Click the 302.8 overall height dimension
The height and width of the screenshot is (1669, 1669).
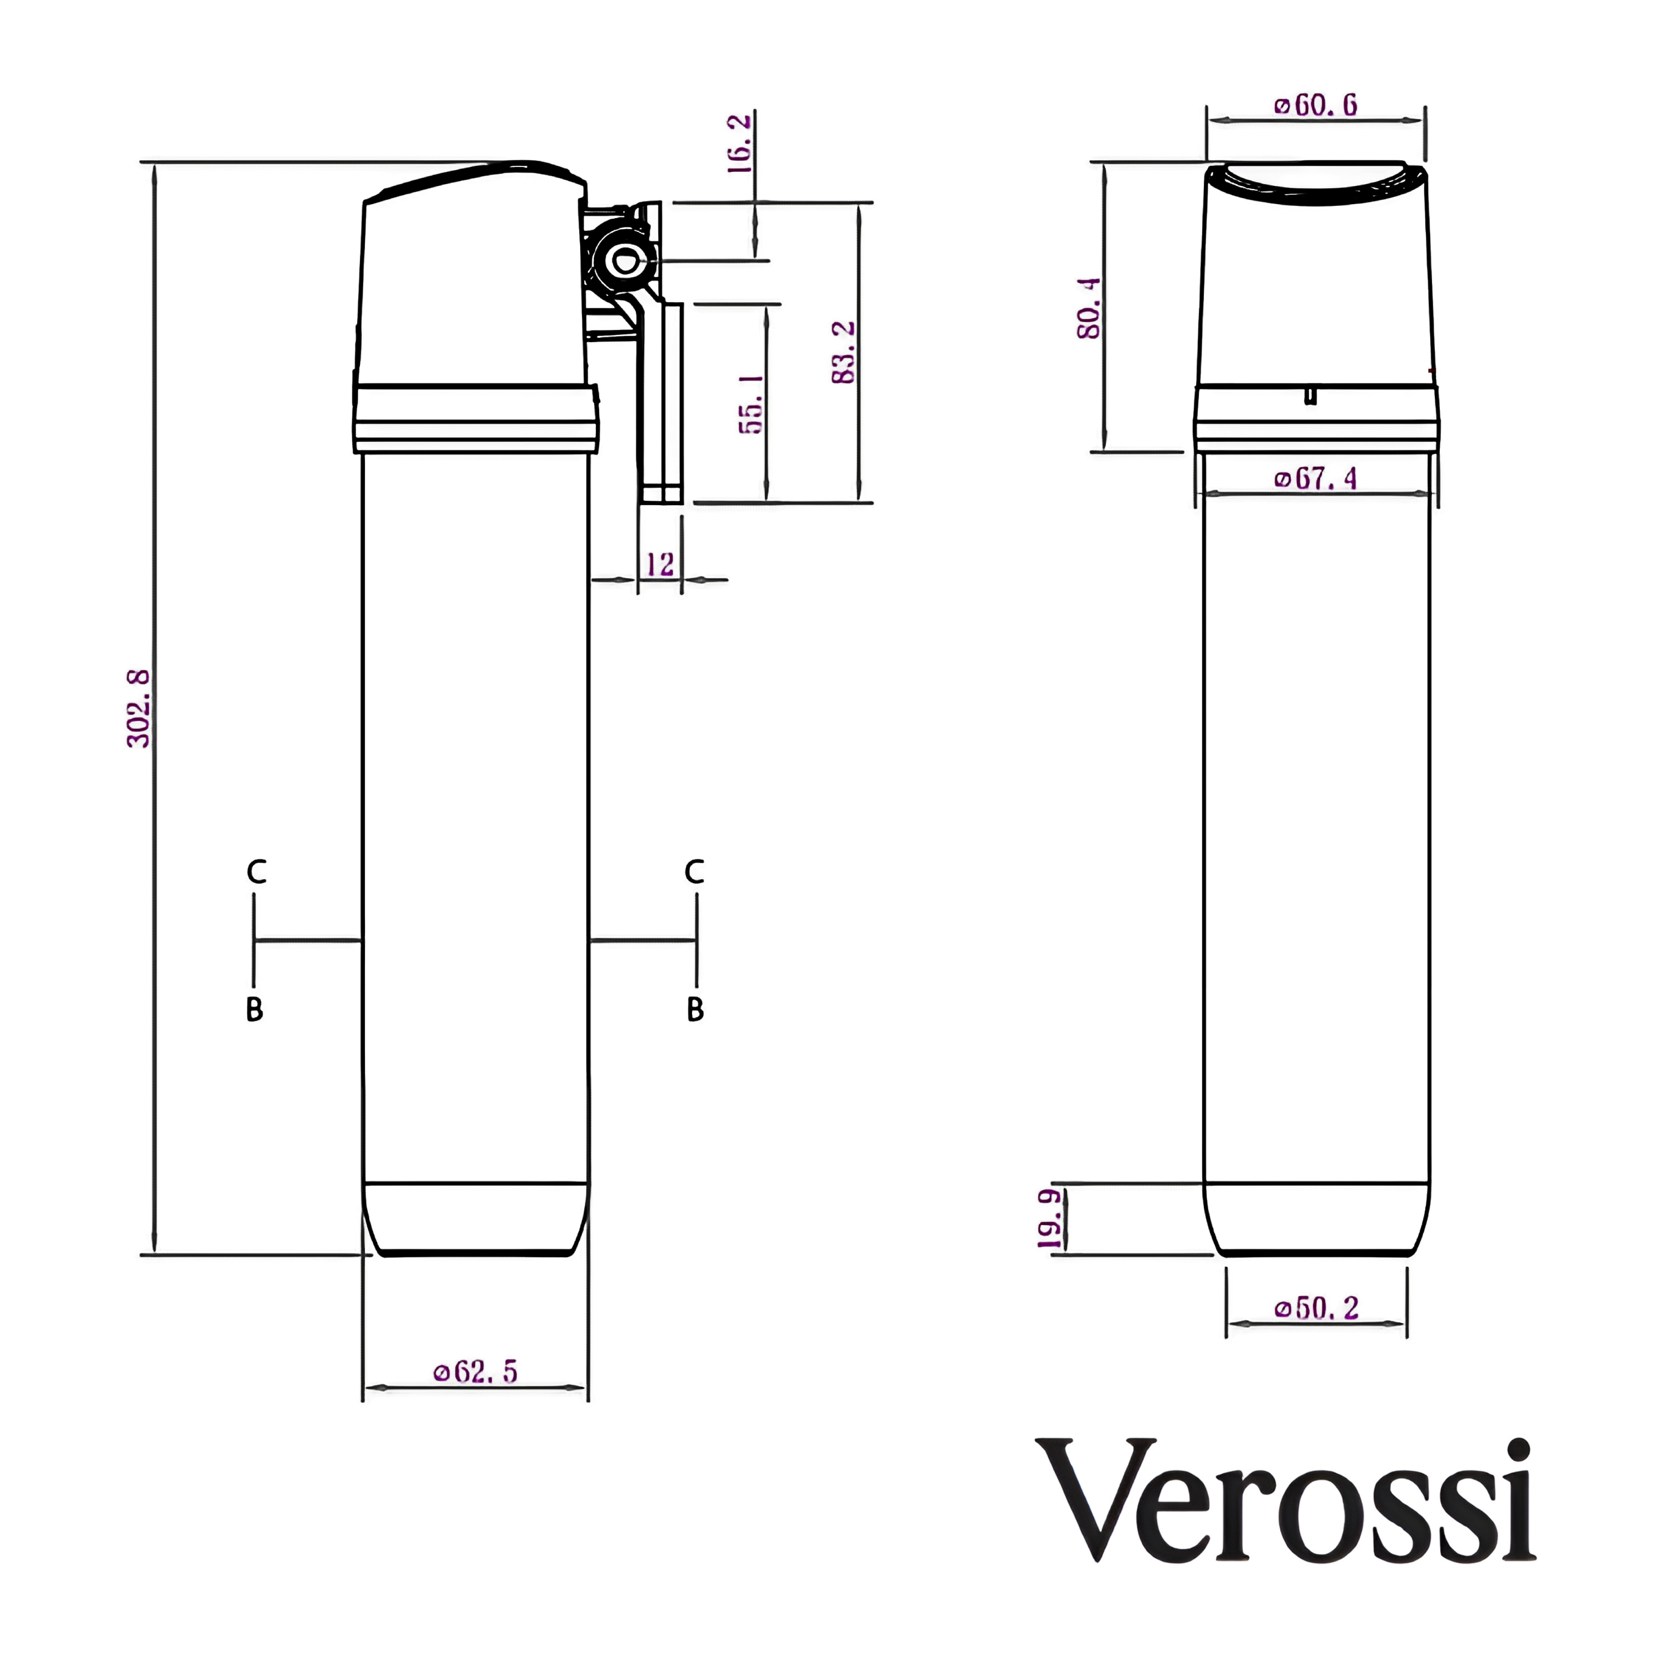tap(138, 708)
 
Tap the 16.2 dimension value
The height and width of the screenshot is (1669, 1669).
tap(739, 144)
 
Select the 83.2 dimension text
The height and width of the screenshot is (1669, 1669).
tap(843, 353)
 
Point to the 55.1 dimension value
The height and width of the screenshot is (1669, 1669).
tap(750, 403)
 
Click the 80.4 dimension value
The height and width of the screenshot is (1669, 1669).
tap(1089, 308)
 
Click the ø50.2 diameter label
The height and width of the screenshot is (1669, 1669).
tap(1316, 1308)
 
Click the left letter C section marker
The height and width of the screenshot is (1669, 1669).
tap(256, 872)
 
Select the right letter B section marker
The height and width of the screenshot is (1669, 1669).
tap(695, 1009)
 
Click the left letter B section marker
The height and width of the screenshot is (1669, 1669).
tap(254, 1009)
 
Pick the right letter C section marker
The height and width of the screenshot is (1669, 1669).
tap(694, 872)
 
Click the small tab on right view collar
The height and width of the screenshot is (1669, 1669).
tap(1311, 396)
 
